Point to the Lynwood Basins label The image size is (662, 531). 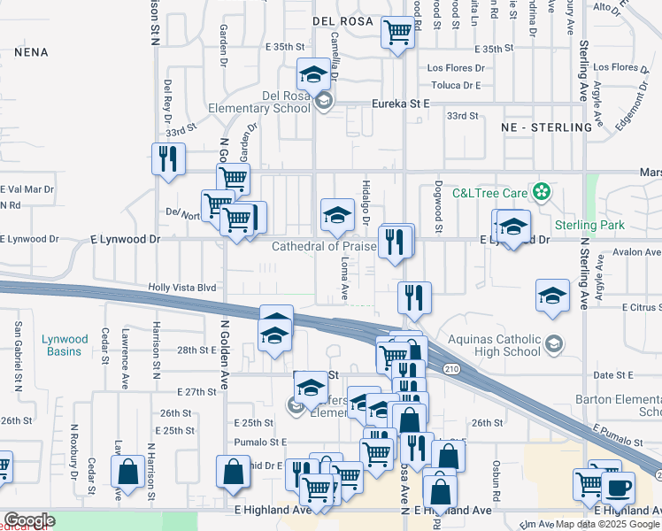click(x=65, y=345)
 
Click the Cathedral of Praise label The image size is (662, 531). click(x=324, y=246)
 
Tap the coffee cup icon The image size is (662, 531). click(x=618, y=487)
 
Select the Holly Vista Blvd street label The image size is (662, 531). click(x=182, y=288)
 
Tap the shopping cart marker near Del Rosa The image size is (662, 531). click(x=398, y=33)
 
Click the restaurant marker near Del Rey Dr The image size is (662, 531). click(x=168, y=159)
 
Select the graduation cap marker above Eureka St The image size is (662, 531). click(x=313, y=74)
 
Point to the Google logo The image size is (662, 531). click(x=28, y=520)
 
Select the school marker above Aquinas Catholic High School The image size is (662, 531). click(x=552, y=296)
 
